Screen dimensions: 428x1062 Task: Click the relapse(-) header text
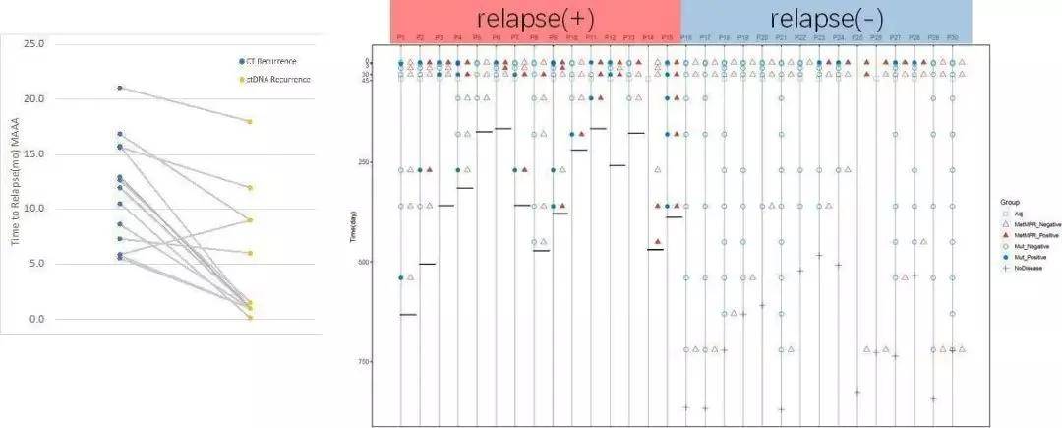point(825,19)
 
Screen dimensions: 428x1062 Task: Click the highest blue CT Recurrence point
point(120,88)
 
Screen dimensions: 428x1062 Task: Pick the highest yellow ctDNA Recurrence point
point(250,121)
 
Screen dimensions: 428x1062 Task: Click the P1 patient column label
point(400,37)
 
